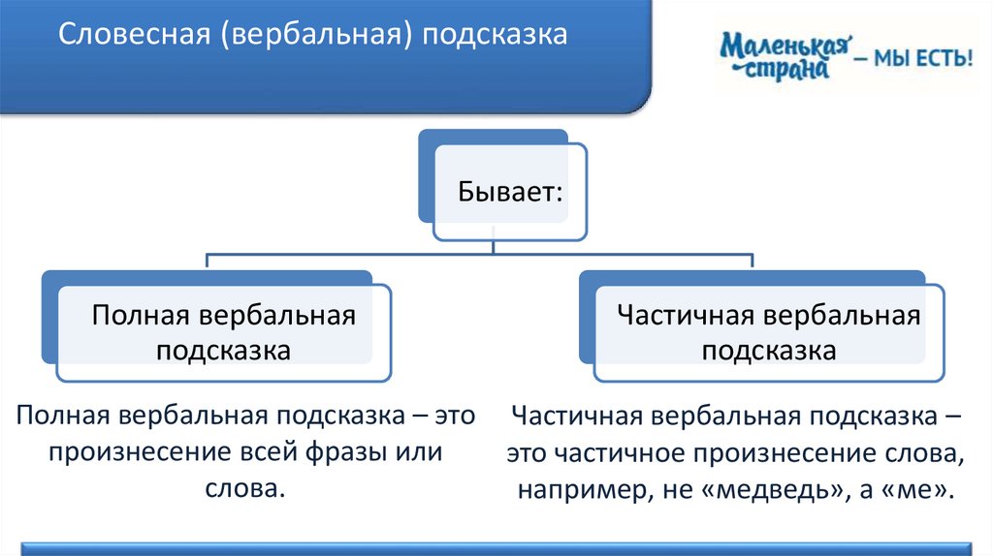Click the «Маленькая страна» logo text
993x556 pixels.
[785, 56]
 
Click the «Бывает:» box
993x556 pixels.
[509, 191]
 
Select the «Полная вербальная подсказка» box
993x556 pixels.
[223, 331]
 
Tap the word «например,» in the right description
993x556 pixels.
[576, 488]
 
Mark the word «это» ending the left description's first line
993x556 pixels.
[453, 417]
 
